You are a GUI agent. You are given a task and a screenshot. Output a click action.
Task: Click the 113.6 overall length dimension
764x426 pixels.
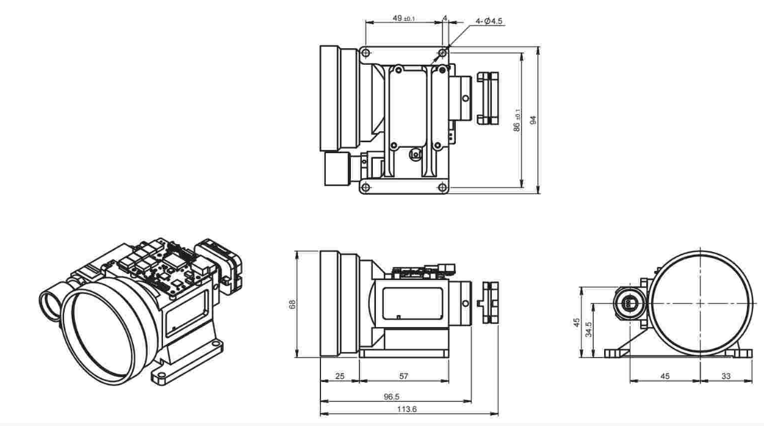click(406, 409)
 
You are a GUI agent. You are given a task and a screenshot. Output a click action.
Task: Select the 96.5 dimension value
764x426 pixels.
click(391, 397)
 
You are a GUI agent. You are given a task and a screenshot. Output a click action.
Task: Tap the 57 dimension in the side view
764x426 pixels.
click(403, 376)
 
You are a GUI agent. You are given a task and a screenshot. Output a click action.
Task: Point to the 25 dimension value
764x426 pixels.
click(340, 376)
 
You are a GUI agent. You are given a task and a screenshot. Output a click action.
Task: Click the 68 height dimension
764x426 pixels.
click(292, 304)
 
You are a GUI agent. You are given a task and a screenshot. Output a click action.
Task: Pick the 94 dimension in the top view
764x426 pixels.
click(533, 120)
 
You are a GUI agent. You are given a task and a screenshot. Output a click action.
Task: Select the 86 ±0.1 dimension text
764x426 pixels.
click(517, 120)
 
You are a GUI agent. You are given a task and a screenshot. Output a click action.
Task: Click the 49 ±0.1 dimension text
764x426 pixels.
click(404, 18)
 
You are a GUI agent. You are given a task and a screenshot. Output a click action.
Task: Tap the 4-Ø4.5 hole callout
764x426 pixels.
click(489, 21)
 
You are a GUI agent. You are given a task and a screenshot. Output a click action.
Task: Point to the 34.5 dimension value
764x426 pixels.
click(588, 329)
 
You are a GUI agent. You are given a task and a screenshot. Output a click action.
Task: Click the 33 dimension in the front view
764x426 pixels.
click(726, 376)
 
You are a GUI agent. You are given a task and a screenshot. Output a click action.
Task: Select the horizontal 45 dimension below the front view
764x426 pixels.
click(665, 376)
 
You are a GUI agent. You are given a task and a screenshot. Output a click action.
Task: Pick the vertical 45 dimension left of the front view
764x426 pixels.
click(577, 322)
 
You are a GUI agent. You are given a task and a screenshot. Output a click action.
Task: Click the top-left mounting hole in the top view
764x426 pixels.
click(366, 53)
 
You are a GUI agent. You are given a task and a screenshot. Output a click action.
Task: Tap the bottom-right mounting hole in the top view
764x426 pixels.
click(442, 187)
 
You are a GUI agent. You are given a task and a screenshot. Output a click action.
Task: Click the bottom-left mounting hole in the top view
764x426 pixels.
click(366, 187)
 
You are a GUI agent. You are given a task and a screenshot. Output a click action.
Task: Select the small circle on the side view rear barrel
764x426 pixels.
click(466, 303)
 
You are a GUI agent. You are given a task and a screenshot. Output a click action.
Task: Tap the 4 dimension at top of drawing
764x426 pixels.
click(445, 18)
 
